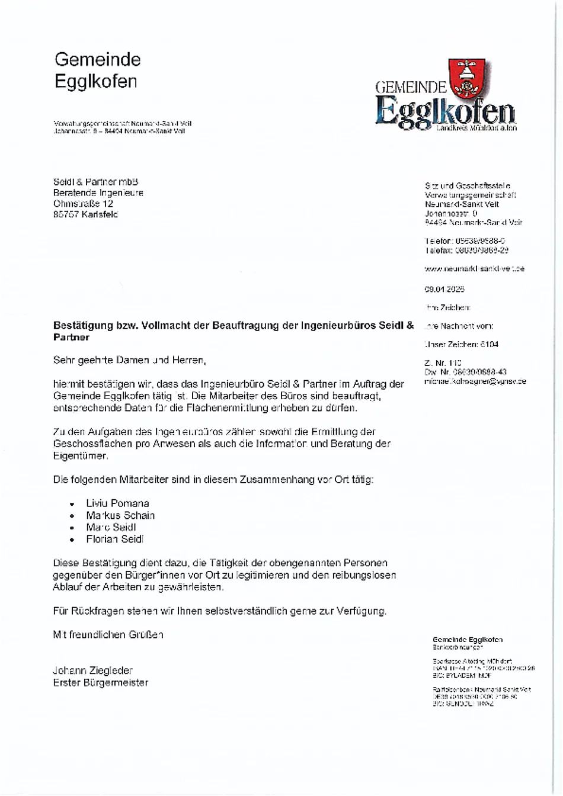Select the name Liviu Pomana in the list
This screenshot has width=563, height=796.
click(117, 503)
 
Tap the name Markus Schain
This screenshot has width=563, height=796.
click(120, 515)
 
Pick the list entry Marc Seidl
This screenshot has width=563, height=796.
click(111, 527)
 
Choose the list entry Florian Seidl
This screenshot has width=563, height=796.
click(115, 539)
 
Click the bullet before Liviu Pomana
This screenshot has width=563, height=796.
click(72, 504)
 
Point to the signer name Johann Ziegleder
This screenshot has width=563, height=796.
click(93, 670)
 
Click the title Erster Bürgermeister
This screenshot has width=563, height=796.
click(101, 682)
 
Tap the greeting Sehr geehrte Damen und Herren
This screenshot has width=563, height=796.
click(130, 360)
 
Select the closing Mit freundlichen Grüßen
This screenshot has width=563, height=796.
click(108, 634)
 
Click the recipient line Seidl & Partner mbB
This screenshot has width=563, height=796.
click(95, 182)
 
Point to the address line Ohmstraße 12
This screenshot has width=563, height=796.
click(83, 203)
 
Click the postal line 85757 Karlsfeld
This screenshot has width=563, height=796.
click(85, 214)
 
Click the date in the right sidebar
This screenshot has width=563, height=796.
click(444, 289)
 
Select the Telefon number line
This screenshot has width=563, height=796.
click(465, 241)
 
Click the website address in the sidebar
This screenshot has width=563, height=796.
click(474, 268)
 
